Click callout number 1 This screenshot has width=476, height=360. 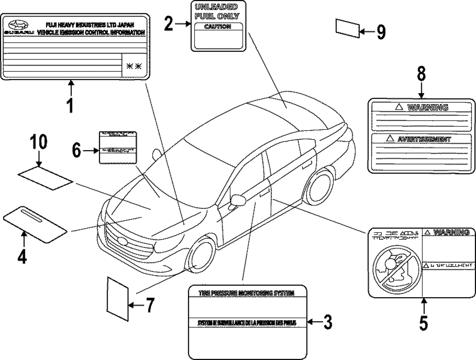coord(70,105)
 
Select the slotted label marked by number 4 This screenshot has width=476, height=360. coord(35,221)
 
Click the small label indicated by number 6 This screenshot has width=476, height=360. coord(116,146)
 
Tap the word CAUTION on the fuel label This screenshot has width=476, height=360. coord(217,27)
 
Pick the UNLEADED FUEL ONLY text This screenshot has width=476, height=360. coord(217,11)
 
